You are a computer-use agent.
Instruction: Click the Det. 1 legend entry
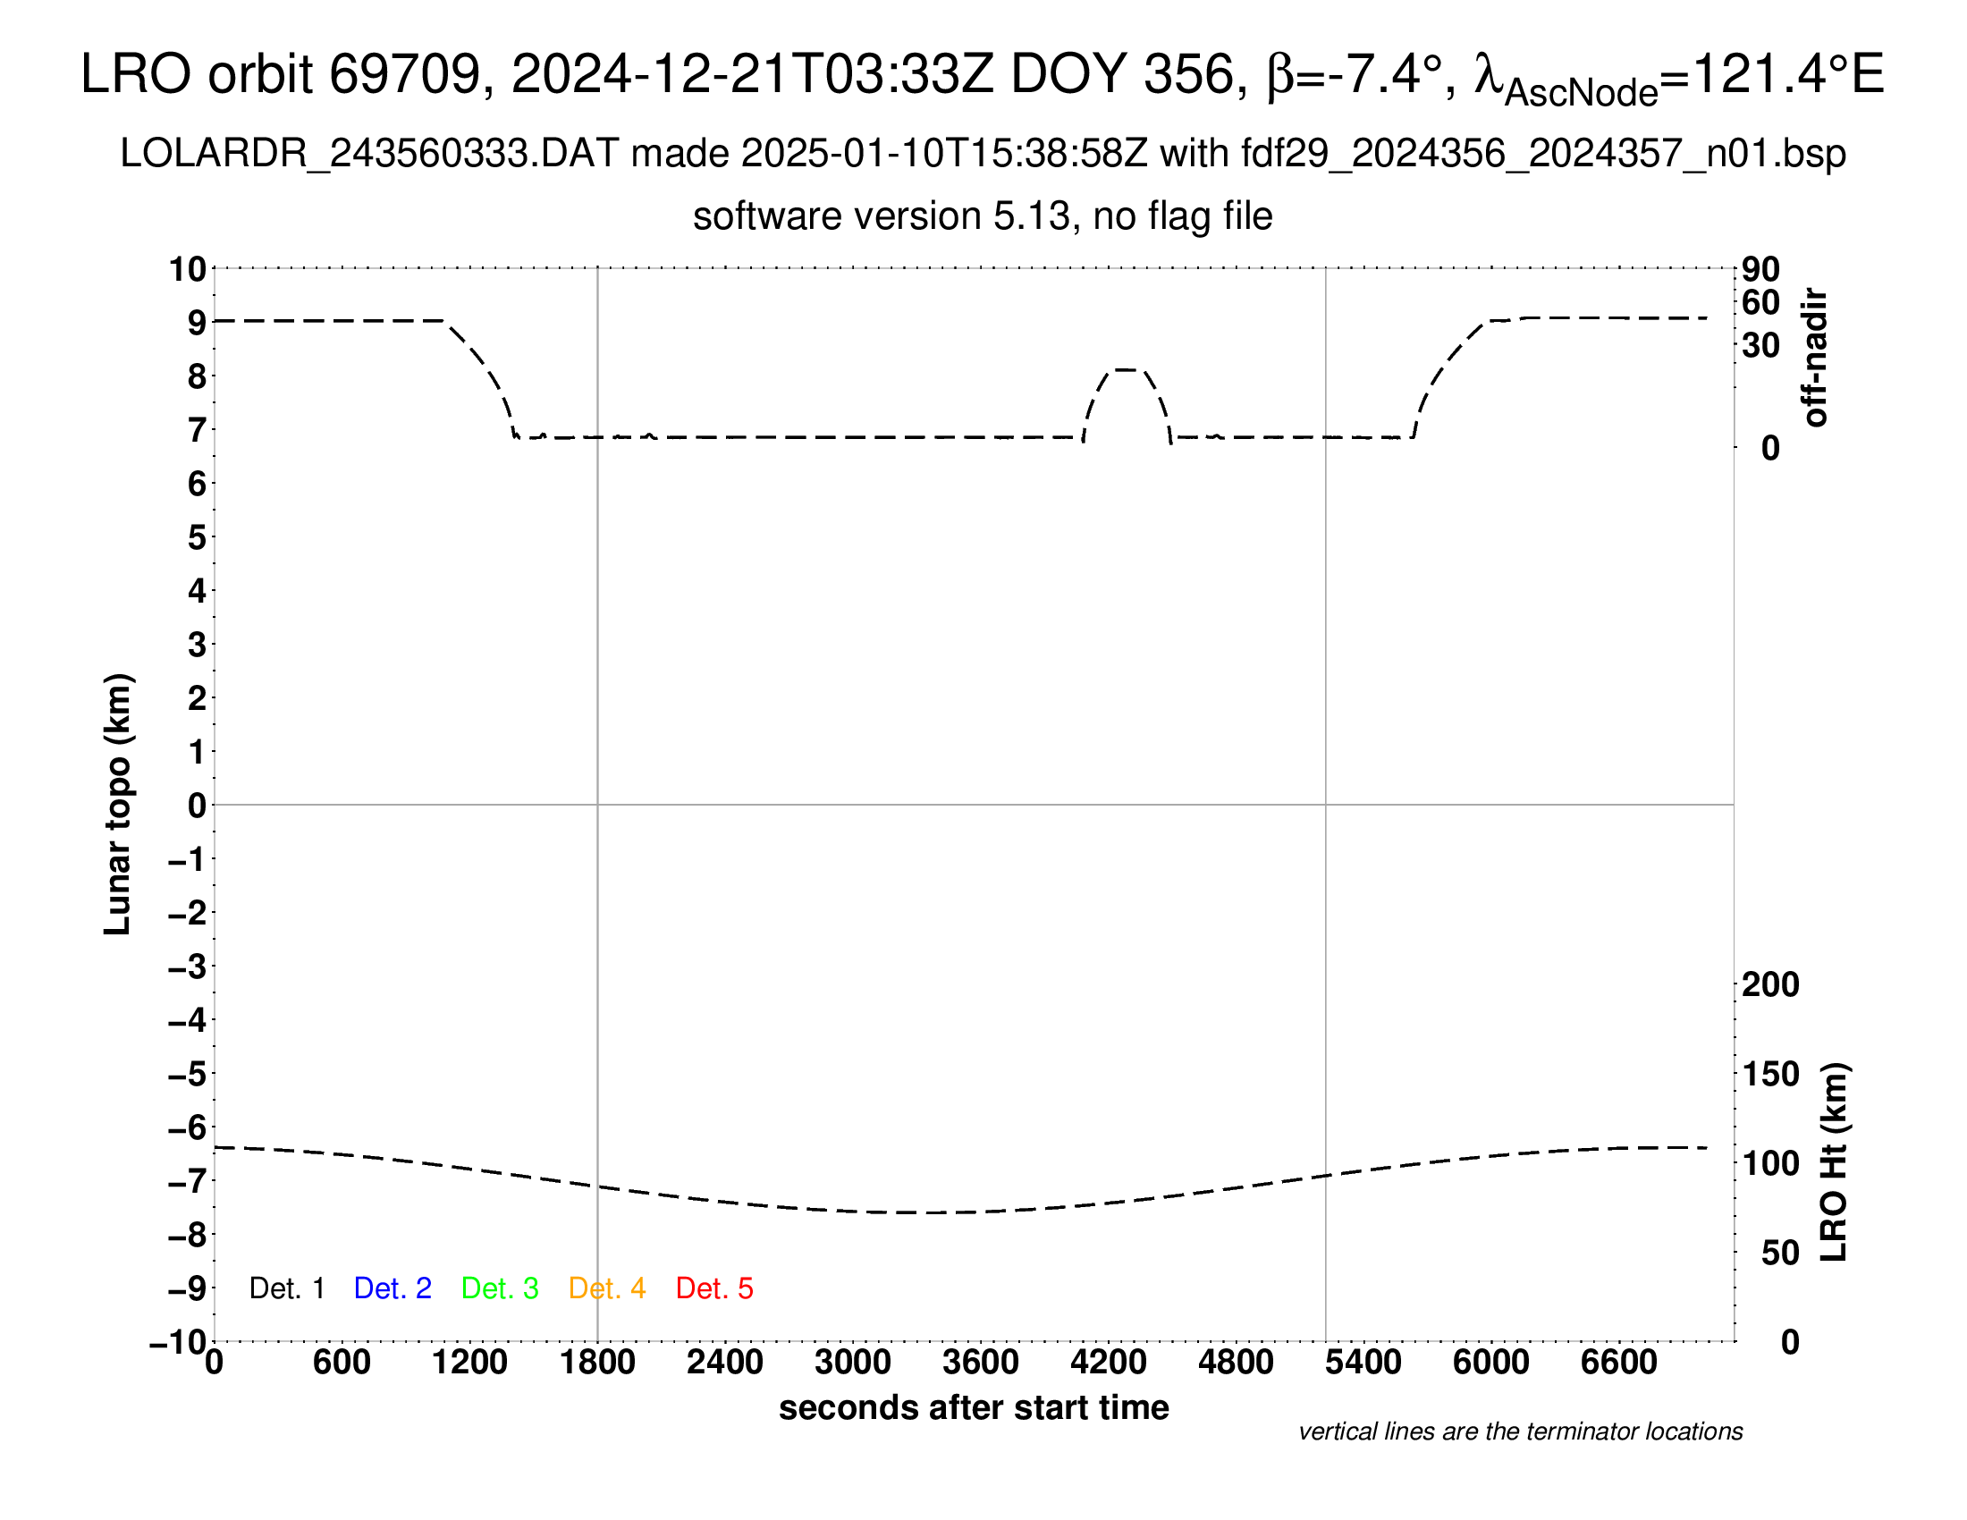pos(286,1288)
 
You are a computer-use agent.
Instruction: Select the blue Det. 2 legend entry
pos(393,1288)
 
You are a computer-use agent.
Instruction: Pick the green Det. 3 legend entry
pos(500,1288)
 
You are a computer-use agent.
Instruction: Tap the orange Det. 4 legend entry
pos(607,1288)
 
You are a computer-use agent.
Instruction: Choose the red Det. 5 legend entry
pos(714,1288)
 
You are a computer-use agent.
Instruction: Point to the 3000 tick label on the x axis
pos(853,1363)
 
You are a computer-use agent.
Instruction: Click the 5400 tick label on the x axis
pos(1363,1363)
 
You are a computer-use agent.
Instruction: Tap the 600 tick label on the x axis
pos(342,1363)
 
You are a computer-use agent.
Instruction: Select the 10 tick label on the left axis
pos(189,269)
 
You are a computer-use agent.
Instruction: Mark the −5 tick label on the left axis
pos(188,1074)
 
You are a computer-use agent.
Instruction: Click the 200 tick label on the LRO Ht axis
pos(1770,985)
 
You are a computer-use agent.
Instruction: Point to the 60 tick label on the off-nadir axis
pos(1760,303)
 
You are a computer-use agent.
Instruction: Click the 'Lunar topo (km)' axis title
pos(118,804)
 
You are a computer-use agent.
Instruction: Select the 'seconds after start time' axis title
pos(974,1407)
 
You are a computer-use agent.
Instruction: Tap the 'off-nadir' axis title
pos(1815,358)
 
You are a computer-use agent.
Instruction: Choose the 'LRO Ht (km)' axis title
pos(1834,1162)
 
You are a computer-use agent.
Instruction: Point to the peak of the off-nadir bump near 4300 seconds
pos(1126,369)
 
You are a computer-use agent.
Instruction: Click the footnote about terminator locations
pos(1520,1431)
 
